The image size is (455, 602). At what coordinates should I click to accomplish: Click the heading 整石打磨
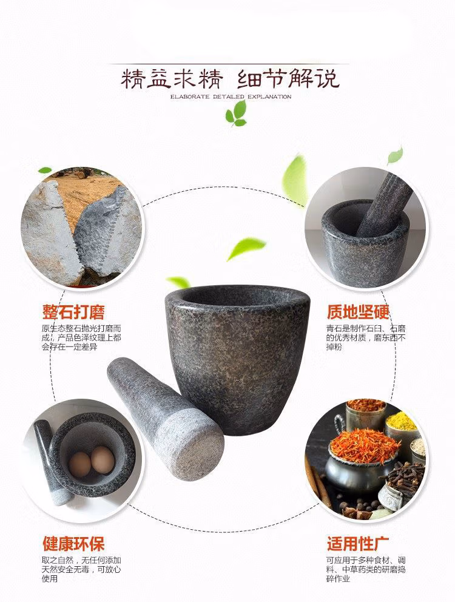click(x=73, y=312)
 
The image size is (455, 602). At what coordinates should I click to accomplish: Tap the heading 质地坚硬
click(x=359, y=312)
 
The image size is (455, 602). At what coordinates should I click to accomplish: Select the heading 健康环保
click(x=73, y=544)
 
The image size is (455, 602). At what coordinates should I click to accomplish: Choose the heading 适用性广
click(x=359, y=544)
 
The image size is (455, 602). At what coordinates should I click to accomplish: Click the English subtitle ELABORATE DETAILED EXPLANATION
click(x=231, y=96)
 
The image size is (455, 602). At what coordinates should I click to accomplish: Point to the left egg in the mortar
click(x=80, y=464)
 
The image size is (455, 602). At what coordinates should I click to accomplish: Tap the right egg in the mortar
click(x=103, y=459)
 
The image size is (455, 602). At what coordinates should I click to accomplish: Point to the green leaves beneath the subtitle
click(x=236, y=113)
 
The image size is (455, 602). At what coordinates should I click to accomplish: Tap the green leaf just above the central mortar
click(x=178, y=282)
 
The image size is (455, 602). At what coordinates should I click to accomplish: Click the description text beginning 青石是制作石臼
click(x=366, y=337)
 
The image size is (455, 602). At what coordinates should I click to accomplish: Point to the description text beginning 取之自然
click(x=81, y=569)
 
